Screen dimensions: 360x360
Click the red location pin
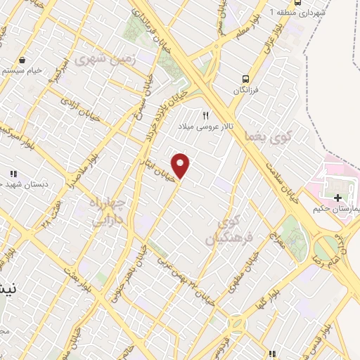(x=181, y=166)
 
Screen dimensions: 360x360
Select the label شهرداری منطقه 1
(x=302, y=13)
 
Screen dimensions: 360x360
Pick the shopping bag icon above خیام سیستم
(x=25, y=60)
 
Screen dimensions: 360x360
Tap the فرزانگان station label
(x=247, y=91)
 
